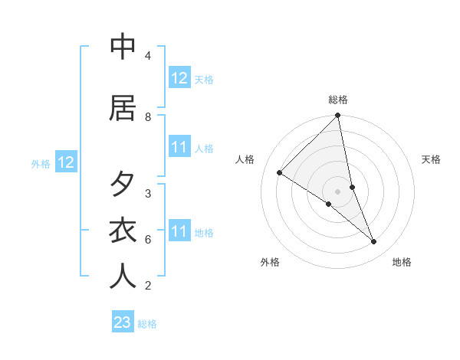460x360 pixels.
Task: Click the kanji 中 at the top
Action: [x=123, y=47]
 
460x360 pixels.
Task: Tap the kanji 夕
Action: [x=123, y=185]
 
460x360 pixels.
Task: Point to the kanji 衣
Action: [x=123, y=231]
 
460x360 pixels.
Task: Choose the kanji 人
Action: [x=123, y=277]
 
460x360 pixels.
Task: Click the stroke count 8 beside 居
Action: [x=148, y=116]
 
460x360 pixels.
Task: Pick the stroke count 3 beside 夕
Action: [x=148, y=193]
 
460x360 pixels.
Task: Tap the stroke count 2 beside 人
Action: [x=148, y=286]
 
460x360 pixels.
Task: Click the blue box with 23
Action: [x=123, y=322]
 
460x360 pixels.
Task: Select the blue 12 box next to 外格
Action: [x=65, y=162]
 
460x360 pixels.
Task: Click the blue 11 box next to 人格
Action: [x=179, y=147]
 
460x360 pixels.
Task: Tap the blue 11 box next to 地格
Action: [x=179, y=231]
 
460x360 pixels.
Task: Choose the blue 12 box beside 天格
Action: [x=179, y=78]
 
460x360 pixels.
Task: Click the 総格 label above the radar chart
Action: [x=338, y=100]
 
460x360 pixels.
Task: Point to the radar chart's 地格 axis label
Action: [x=402, y=262]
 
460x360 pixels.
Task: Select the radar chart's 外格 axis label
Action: [x=270, y=262]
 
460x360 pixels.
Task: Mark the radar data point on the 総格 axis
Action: [x=338, y=116]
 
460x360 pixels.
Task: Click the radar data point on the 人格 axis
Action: [x=280, y=173]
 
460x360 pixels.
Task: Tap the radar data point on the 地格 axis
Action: [x=374, y=242]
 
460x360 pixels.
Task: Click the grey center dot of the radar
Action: [x=338, y=191]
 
